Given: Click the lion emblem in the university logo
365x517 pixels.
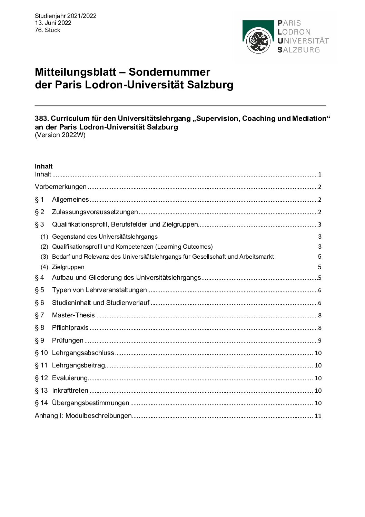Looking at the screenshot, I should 258,41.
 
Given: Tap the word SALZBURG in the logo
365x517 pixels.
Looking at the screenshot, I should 299,50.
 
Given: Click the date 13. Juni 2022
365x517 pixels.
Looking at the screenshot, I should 53,23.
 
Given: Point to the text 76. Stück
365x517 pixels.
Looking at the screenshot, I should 47,30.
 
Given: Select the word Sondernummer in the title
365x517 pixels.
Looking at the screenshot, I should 169,72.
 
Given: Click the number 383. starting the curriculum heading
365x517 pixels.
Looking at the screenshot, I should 41,118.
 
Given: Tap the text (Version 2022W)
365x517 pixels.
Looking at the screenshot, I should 60,135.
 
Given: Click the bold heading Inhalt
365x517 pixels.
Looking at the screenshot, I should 43,166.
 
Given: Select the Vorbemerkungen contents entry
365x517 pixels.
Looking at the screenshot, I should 61,187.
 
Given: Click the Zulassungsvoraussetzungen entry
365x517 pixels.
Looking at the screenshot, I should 95,212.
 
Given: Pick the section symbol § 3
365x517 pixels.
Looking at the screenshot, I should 39,224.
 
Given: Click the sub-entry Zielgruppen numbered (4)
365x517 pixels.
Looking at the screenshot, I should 68,267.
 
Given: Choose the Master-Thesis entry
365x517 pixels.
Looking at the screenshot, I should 73,315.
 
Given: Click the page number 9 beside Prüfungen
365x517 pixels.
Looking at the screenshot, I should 320,341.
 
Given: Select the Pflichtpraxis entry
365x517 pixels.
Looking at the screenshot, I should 70,328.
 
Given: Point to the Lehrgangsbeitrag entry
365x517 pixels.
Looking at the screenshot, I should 78,365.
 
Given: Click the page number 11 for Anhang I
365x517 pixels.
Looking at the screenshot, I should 318,416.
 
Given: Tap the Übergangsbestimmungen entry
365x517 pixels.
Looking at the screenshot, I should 90,403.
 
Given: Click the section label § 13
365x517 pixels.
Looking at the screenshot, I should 41,391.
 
